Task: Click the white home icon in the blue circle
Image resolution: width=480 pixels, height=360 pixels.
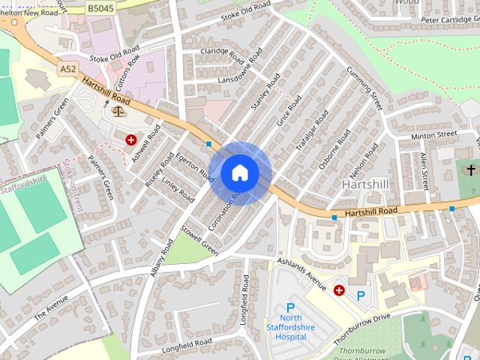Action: (239, 173)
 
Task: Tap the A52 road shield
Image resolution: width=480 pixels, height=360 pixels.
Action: (68, 68)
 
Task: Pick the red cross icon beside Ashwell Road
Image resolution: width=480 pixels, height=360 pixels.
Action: (131, 139)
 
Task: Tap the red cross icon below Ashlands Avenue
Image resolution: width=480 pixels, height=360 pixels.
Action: (339, 289)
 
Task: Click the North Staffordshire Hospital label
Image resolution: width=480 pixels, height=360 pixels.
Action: (291, 327)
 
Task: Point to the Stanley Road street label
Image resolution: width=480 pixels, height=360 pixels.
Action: (265, 92)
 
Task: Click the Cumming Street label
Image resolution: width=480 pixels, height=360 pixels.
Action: (360, 88)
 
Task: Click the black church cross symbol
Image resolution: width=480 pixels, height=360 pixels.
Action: (471, 170)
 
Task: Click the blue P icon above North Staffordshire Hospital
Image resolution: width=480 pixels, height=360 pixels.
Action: (291, 308)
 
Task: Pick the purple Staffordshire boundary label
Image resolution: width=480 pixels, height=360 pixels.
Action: (26, 181)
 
